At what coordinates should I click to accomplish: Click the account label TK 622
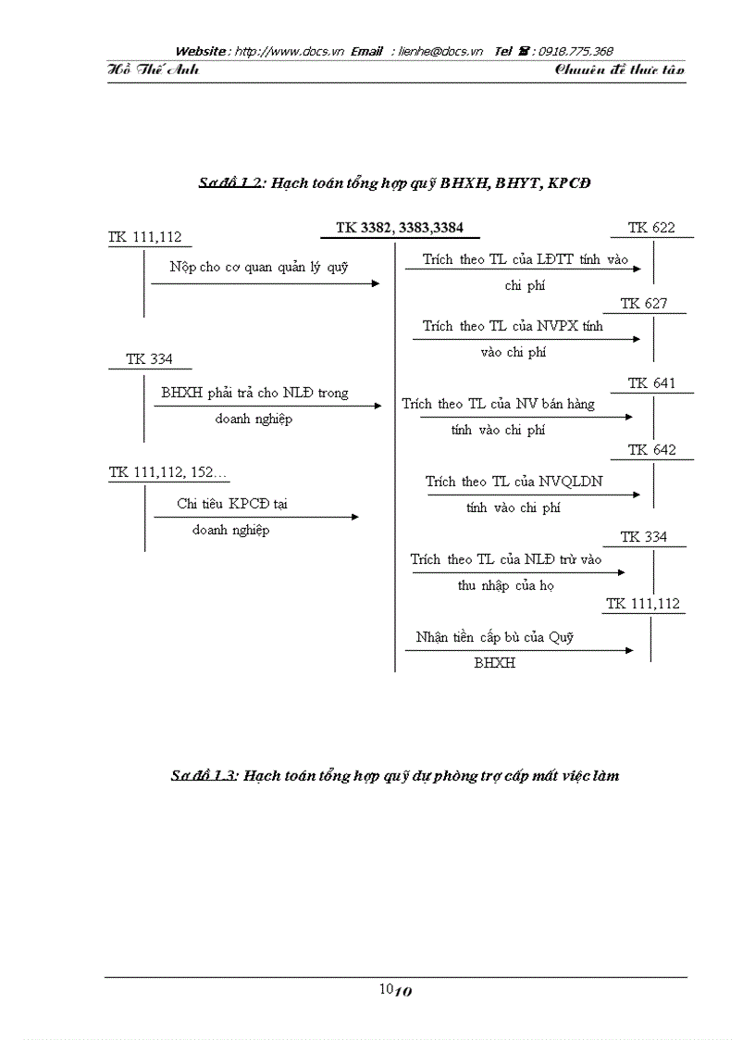point(651,228)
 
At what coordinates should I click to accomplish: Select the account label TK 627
point(644,304)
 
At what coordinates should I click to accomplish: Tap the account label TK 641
point(651,383)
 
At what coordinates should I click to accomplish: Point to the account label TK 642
point(651,450)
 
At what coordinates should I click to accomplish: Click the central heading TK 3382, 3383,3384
point(400,228)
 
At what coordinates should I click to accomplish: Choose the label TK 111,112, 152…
point(168,472)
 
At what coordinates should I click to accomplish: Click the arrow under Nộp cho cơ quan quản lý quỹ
point(265,283)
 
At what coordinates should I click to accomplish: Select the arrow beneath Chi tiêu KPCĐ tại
point(255,517)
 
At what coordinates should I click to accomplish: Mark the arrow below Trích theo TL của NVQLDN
point(533,495)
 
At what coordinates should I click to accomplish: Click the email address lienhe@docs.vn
point(440,51)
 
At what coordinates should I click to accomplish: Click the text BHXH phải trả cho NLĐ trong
point(254,393)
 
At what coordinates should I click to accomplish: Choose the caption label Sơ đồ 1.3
point(204,776)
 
